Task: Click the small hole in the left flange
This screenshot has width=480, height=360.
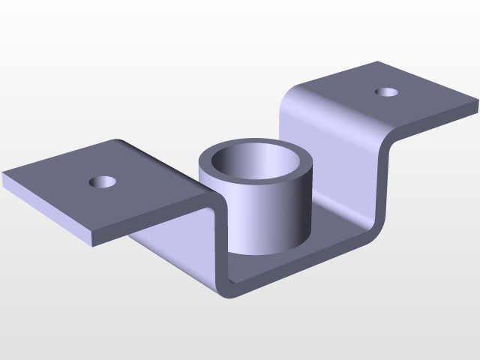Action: tap(103, 181)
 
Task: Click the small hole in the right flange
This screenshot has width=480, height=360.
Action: tap(386, 92)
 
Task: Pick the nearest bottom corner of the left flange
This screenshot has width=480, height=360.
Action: tap(93, 244)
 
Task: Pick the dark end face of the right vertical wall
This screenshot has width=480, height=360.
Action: tap(385, 187)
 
